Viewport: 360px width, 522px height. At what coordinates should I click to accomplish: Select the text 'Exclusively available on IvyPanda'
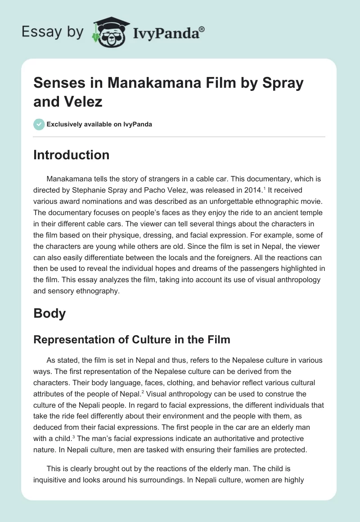click(99, 124)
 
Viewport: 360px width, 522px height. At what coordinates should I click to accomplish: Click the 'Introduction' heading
click(72, 155)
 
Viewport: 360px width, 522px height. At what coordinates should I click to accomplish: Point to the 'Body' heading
click(49, 313)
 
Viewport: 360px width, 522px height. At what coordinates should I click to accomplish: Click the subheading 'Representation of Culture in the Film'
click(132, 339)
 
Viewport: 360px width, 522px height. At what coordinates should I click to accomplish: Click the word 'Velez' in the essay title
click(83, 101)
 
